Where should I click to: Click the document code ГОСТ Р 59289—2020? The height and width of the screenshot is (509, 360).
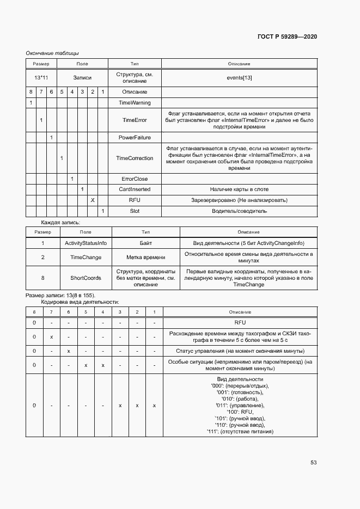point(286,36)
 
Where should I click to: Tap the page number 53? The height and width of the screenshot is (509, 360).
point(314,462)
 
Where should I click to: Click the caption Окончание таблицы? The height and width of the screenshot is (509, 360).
point(52,53)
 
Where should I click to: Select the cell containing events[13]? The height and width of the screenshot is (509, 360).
point(239,78)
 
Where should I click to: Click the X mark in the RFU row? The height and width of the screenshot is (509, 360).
point(93,200)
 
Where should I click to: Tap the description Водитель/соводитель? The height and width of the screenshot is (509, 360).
point(239,211)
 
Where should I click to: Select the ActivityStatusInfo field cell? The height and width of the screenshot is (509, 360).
point(86,243)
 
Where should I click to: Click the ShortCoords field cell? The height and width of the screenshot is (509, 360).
point(86,278)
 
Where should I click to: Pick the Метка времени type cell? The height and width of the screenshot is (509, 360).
point(145,257)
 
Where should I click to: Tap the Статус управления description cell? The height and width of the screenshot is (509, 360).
point(240,351)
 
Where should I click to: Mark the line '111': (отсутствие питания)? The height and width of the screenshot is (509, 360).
point(240,432)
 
